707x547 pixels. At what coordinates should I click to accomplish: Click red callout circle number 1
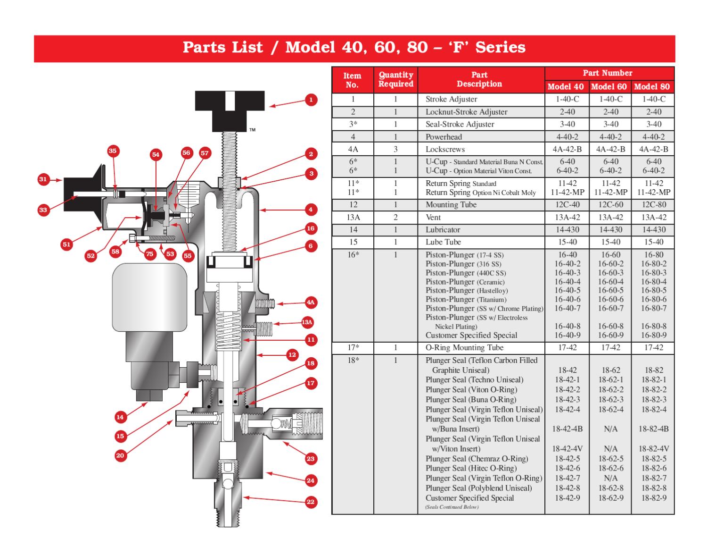[x=311, y=100]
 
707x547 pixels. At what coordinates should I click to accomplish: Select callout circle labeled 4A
[x=310, y=303]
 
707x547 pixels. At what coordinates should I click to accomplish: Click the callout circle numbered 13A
[x=307, y=322]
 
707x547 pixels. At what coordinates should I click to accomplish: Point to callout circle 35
[x=112, y=151]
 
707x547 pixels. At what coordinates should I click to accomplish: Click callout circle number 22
[x=310, y=502]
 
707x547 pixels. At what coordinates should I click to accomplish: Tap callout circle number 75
[x=149, y=254]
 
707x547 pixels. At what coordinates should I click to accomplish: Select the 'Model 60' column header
[x=609, y=86]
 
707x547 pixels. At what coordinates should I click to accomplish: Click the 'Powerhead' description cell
[x=444, y=137]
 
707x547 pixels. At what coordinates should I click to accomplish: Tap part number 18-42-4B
[x=567, y=429]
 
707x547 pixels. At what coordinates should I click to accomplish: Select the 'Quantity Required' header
[x=395, y=79]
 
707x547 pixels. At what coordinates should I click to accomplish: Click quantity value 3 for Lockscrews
[x=395, y=149]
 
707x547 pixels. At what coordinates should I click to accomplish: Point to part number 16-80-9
[x=654, y=336]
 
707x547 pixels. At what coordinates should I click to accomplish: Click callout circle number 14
[x=120, y=417]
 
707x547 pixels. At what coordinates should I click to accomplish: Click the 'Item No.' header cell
[x=352, y=80]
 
